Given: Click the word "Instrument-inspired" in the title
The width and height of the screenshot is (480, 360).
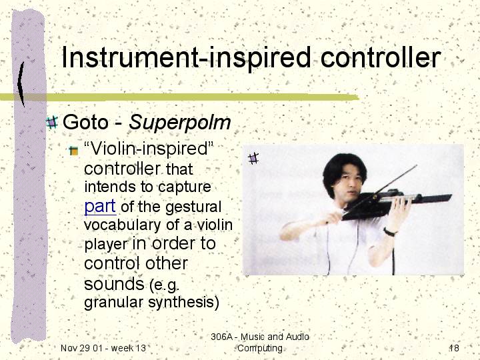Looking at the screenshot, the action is click(186, 57).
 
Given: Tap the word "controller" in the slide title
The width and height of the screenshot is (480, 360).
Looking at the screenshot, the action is click(381, 57).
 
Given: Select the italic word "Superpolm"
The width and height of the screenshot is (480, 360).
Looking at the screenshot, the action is click(180, 123).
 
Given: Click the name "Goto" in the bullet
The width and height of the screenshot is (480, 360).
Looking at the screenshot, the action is click(85, 122).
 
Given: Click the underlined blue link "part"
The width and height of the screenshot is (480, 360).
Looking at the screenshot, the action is click(100, 206).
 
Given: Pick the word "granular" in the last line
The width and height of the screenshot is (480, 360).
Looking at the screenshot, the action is click(113, 303).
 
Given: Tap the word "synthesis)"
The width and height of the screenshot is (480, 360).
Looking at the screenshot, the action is click(184, 303).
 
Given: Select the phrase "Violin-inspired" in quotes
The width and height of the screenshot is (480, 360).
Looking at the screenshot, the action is click(149, 149).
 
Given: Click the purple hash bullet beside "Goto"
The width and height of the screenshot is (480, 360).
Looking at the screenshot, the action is click(52, 122).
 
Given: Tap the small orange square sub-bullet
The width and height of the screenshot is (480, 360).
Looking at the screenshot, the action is click(73, 151).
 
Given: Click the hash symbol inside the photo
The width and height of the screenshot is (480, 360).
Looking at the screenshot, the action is click(253, 158).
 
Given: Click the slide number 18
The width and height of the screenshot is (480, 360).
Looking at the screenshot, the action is click(454, 348).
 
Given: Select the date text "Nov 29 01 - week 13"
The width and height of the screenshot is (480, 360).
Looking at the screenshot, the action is click(103, 348).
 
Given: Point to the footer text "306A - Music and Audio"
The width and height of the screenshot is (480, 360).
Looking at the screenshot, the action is click(260, 337).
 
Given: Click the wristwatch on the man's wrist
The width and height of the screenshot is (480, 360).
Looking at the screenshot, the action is click(389, 232).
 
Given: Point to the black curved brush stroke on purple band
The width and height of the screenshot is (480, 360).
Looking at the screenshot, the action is click(21, 84).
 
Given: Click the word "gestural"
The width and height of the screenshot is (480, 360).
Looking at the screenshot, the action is click(193, 207).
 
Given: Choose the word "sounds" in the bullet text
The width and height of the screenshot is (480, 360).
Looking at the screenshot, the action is click(114, 283).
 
